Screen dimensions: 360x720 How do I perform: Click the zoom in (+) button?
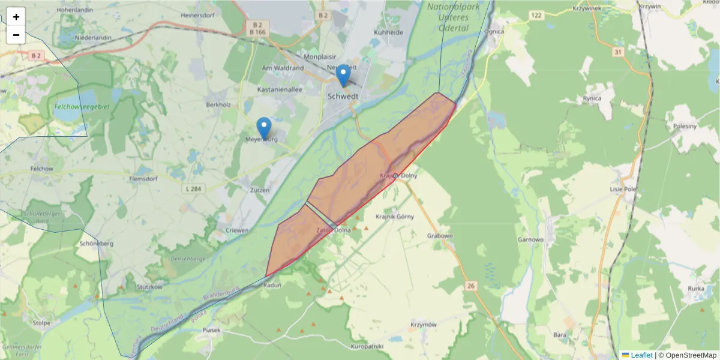coord(16,17)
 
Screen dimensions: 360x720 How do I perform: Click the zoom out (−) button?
coord(16,35)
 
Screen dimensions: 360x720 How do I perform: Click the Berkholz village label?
coord(218,104)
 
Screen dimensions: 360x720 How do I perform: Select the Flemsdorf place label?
coord(143,178)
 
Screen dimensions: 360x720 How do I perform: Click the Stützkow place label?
coord(149,287)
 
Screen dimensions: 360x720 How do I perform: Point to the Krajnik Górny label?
coord(394,217)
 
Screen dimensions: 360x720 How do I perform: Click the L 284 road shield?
coord(193,189)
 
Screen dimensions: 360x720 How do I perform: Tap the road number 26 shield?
coord(470,286)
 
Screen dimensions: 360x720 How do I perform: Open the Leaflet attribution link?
coord(641,355)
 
